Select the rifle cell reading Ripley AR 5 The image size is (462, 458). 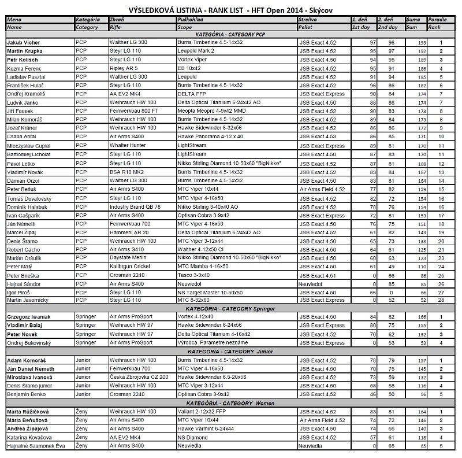click(x=124, y=68)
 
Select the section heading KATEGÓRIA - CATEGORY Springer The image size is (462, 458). click(x=231, y=309)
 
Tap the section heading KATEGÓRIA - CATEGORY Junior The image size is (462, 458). click(x=231, y=352)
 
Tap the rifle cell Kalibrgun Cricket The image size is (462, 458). click(x=130, y=267)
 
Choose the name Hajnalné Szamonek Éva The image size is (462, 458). click(x=36, y=446)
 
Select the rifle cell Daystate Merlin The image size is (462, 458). click(x=129, y=258)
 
